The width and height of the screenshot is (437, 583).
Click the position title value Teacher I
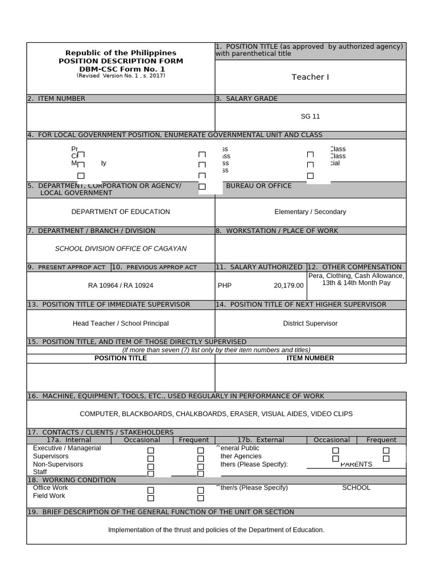click(x=310, y=77)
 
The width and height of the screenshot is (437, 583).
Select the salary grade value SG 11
click(x=310, y=117)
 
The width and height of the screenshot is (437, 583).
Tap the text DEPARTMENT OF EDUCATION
click(x=121, y=212)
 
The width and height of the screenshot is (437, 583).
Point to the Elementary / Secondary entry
click(x=310, y=212)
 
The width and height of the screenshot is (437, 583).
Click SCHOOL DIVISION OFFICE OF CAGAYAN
click(x=121, y=249)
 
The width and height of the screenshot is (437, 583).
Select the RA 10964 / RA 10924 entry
click(x=121, y=285)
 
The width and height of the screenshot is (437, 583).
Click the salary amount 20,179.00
click(x=288, y=285)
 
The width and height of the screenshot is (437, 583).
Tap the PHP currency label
click(x=225, y=285)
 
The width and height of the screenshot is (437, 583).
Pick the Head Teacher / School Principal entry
click(x=121, y=323)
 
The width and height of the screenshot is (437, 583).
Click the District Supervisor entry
click(x=310, y=323)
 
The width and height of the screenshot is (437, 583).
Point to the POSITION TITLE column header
click(x=121, y=358)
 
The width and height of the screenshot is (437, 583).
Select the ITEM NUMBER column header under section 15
click(x=311, y=358)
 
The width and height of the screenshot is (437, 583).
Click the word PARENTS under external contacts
click(x=356, y=464)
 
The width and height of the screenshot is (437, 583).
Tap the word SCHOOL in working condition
click(x=356, y=488)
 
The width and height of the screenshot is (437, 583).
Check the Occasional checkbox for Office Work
click(x=151, y=490)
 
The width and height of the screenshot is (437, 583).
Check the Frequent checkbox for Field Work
click(x=201, y=498)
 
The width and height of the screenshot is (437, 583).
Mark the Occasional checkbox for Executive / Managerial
click(x=151, y=450)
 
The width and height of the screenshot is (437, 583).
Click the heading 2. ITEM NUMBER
click(x=56, y=98)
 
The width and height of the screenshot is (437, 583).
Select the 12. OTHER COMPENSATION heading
click(x=356, y=267)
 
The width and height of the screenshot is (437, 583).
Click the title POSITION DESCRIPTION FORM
click(x=121, y=61)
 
